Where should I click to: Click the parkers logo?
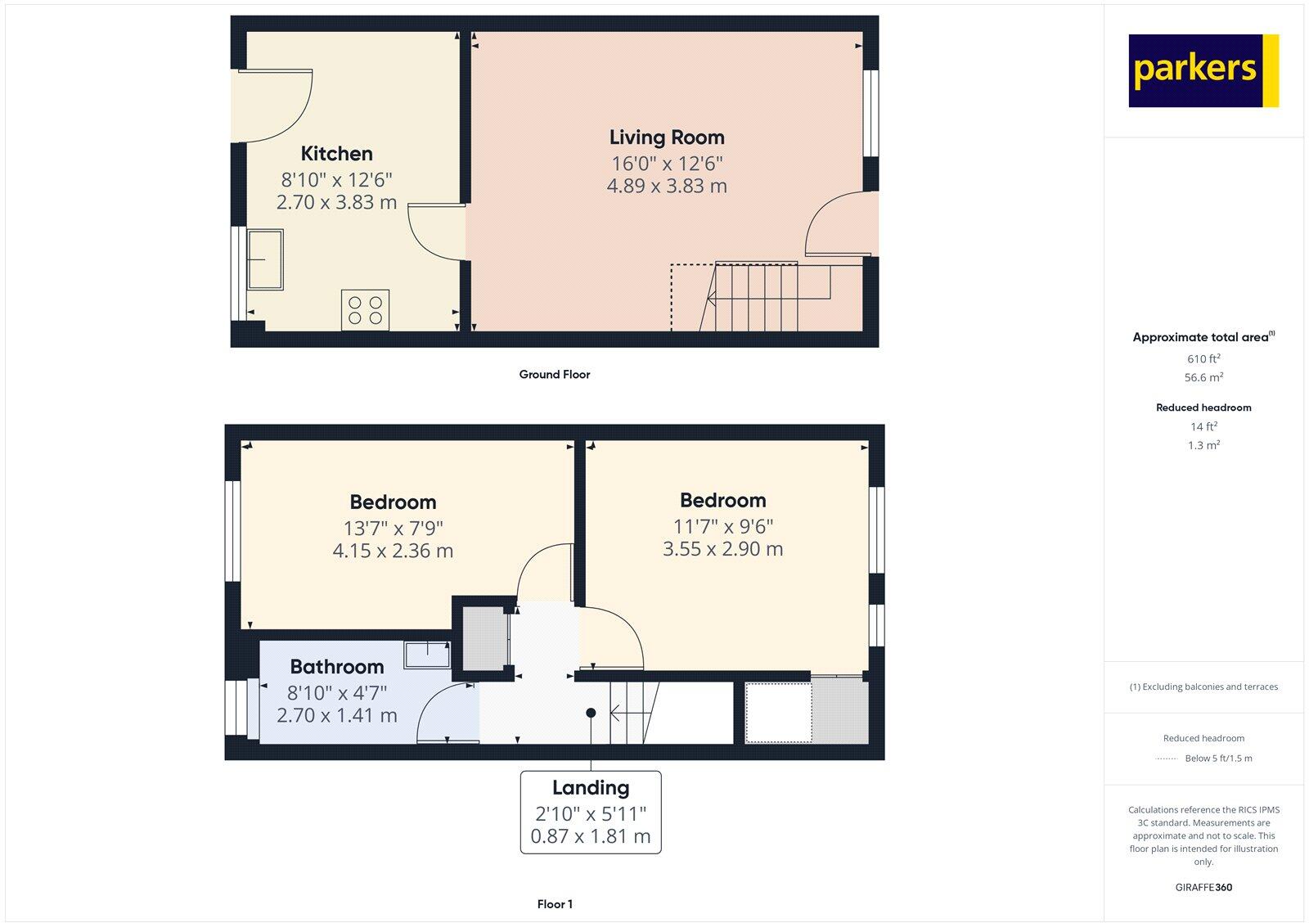(x=1203, y=70)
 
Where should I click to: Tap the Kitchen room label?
(x=336, y=154)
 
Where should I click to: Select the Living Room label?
(x=667, y=137)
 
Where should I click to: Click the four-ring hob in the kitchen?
(x=365, y=310)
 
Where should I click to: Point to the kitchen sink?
(x=265, y=259)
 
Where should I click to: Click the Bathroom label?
(x=336, y=667)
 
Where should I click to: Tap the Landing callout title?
(x=591, y=788)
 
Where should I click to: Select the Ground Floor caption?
(x=554, y=375)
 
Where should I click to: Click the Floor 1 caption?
(x=555, y=904)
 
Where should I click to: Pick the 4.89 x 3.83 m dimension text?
(x=667, y=187)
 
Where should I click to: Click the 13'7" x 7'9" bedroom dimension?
(x=393, y=529)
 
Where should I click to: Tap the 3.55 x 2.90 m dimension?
(x=722, y=549)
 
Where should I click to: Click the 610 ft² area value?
(x=1203, y=358)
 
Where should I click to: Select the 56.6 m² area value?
(x=1203, y=377)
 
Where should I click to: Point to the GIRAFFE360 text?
(x=1203, y=887)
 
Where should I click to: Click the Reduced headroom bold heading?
(x=1203, y=407)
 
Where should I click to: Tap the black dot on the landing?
(x=591, y=713)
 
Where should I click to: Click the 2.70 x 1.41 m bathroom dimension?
(x=336, y=716)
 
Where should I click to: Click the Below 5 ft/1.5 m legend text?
(x=1218, y=759)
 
